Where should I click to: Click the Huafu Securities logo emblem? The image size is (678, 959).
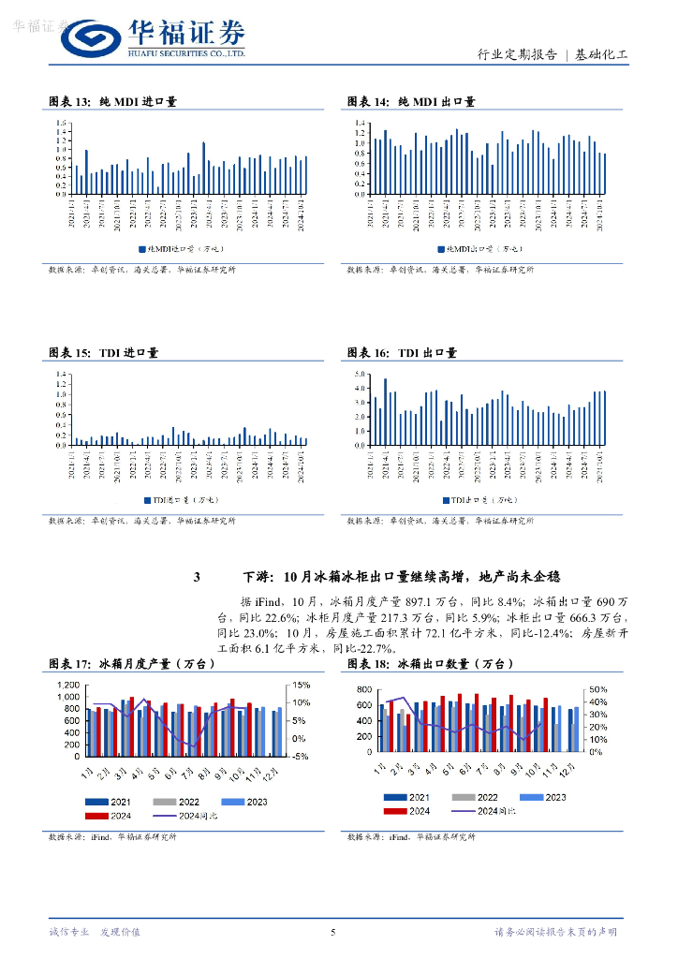(x=88, y=39)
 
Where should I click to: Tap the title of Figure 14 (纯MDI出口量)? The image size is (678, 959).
(x=411, y=101)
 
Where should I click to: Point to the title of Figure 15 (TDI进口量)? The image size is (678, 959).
(x=103, y=353)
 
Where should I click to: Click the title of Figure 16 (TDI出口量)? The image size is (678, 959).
(x=402, y=353)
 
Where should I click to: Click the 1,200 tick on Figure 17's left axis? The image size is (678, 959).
(x=69, y=686)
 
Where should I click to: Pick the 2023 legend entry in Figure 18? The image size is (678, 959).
(x=554, y=797)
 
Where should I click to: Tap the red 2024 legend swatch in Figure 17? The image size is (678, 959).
(x=96, y=816)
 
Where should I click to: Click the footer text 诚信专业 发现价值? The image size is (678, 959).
(x=94, y=932)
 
